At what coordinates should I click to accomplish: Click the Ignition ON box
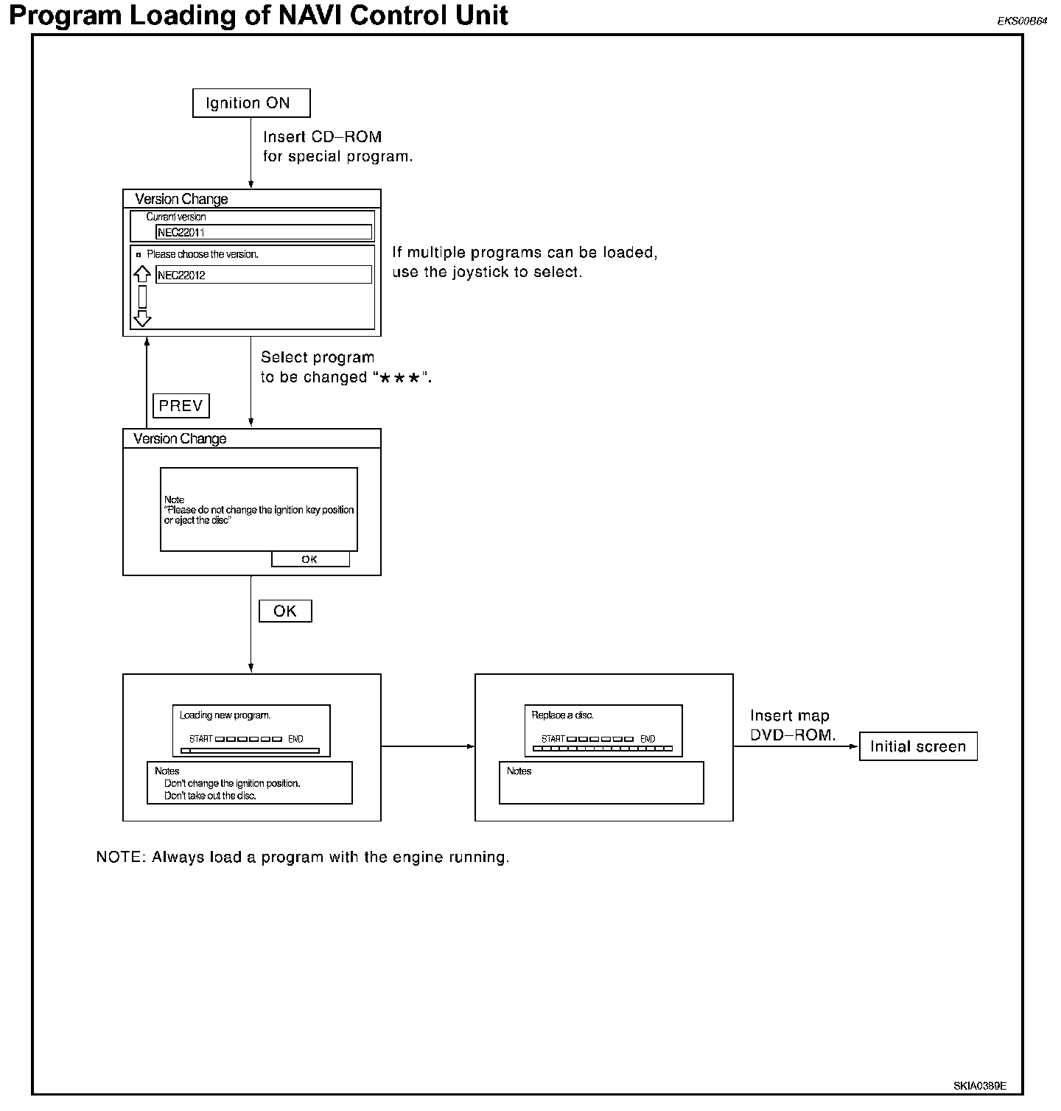(x=251, y=103)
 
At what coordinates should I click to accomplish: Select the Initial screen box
(x=918, y=746)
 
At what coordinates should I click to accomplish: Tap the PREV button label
(x=181, y=406)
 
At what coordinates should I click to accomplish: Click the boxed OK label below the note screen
(x=285, y=611)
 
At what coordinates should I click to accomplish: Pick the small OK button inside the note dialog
(x=310, y=559)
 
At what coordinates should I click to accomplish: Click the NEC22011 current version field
(x=264, y=233)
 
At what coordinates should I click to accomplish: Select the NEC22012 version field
(x=264, y=276)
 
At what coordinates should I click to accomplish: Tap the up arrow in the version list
(x=142, y=276)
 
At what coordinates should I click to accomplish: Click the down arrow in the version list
(x=142, y=318)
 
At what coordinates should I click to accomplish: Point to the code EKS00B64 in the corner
(x=1022, y=21)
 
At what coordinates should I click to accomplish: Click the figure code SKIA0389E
(x=980, y=1086)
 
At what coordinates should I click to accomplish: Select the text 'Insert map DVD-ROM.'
(x=793, y=726)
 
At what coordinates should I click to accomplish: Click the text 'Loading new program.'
(x=225, y=715)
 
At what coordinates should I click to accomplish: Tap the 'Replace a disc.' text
(x=563, y=715)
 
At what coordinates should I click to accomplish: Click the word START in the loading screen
(x=201, y=739)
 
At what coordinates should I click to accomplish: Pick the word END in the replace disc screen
(x=648, y=739)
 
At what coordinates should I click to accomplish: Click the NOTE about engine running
(x=303, y=858)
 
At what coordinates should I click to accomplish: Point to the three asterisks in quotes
(x=402, y=378)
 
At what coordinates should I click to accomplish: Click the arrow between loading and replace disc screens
(x=428, y=746)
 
